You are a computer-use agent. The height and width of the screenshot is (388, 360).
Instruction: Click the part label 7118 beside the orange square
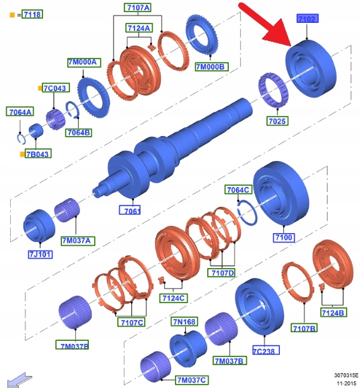(x=32, y=14)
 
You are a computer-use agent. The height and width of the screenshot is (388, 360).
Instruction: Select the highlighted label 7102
(x=308, y=18)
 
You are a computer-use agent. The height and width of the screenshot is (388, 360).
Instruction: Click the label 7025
(x=277, y=121)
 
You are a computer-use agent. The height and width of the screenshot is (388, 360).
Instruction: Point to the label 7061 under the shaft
(x=130, y=210)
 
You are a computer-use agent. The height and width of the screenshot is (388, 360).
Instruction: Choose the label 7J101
(x=40, y=255)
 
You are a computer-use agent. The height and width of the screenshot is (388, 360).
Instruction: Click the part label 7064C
(x=238, y=189)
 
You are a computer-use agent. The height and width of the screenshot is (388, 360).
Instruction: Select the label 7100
(x=283, y=238)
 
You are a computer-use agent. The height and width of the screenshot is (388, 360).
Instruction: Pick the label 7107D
(x=222, y=273)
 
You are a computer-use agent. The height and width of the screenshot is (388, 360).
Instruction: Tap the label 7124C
(x=174, y=298)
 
